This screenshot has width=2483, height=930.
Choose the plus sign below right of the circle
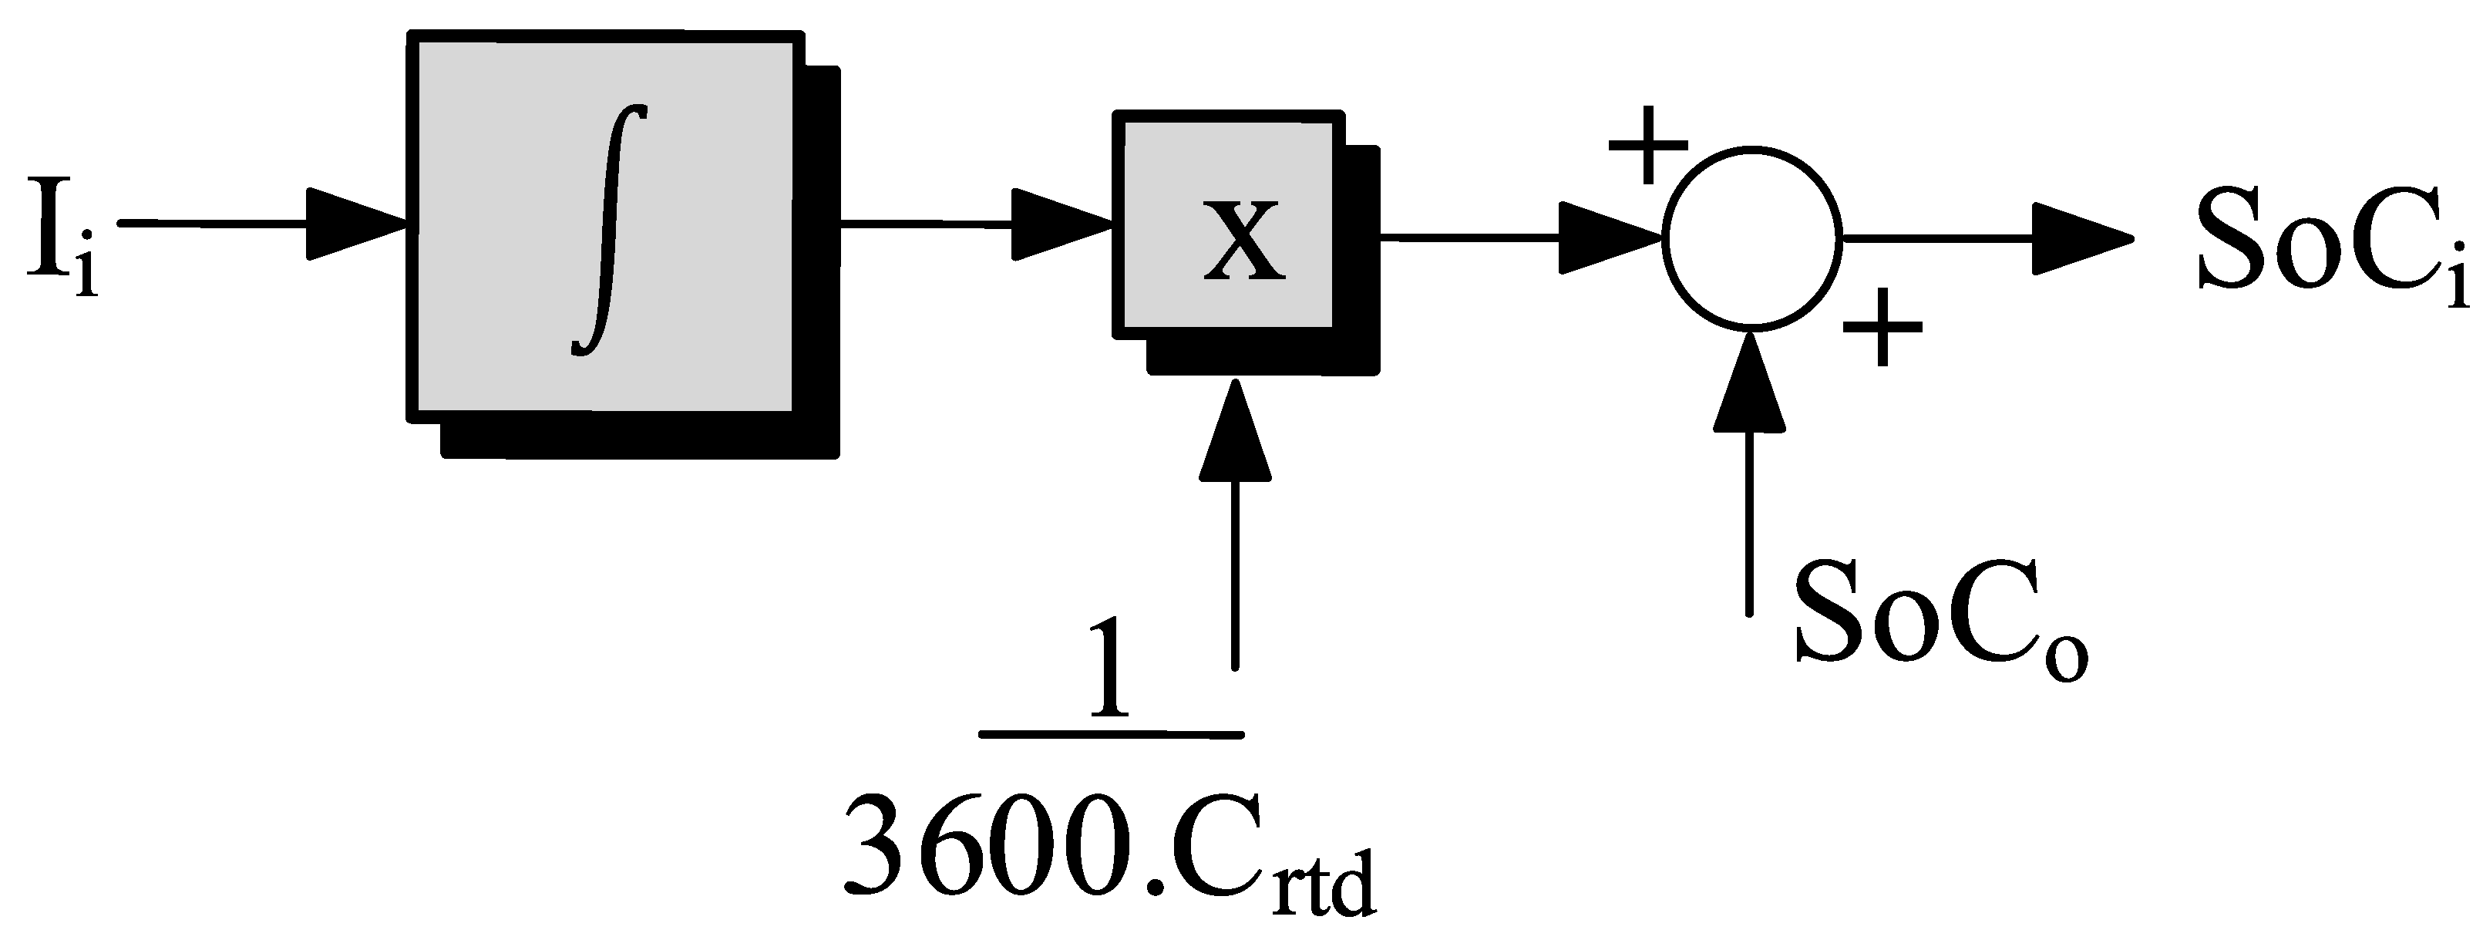(1882, 328)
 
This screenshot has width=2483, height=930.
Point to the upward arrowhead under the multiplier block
(1235, 429)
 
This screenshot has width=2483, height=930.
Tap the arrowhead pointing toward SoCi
(2082, 239)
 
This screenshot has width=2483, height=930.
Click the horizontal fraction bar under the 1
(1110, 734)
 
